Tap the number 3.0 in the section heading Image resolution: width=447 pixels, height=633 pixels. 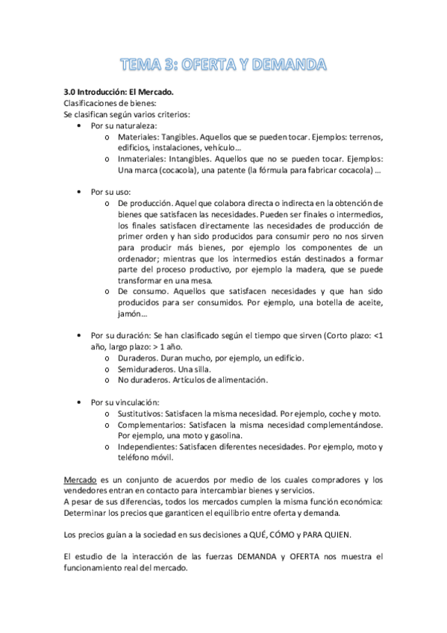point(72,92)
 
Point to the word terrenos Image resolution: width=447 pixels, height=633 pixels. point(363,137)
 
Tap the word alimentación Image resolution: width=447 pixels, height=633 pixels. point(232,380)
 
